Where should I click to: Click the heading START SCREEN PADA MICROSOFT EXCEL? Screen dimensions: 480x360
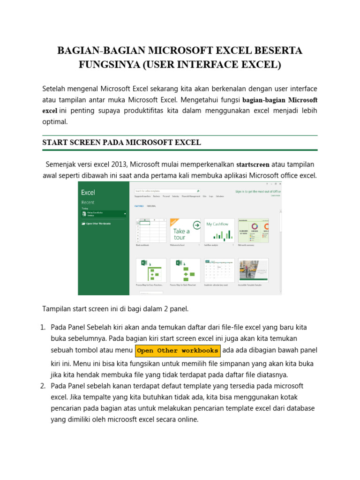(x=122, y=142)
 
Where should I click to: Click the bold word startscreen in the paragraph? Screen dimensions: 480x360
(x=253, y=165)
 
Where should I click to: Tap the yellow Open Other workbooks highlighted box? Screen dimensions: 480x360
(x=177, y=351)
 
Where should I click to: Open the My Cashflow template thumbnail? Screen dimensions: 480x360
(x=219, y=230)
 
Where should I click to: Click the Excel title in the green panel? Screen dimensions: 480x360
(x=88, y=192)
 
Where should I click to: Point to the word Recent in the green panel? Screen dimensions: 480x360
(x=88, y=202)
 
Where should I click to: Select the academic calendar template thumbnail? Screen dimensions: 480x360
(x=219, y=270)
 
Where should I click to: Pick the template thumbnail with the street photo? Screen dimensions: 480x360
(x=253, y=270)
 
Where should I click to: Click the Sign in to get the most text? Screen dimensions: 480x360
(x=258, y=191)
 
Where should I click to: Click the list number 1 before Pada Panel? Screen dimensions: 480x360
(x=42, y=327)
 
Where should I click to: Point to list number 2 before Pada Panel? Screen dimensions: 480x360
(x=42, y=386)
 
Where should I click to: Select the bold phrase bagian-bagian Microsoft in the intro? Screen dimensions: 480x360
(x=280, y=100)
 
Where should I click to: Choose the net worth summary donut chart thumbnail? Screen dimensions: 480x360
(x=253, y=230)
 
